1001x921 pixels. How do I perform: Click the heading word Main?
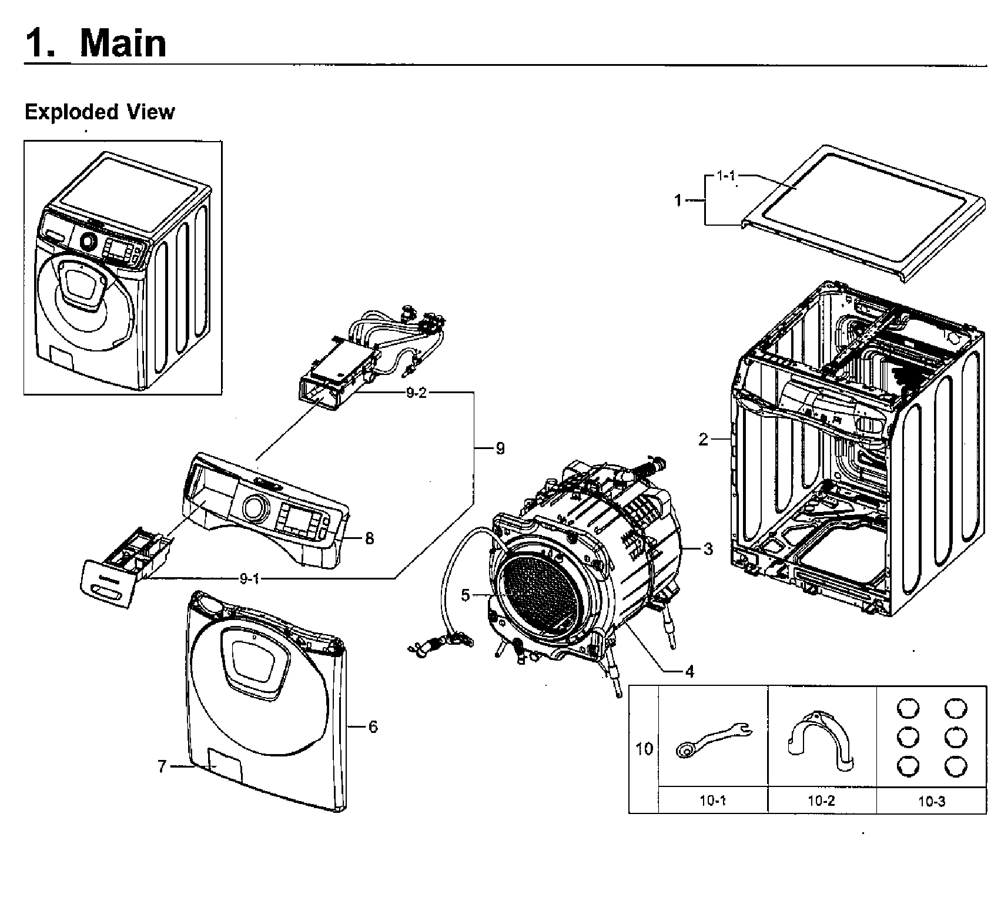[123, 43]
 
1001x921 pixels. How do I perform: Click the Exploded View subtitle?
[99, 112]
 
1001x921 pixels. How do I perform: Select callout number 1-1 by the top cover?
[727, 176]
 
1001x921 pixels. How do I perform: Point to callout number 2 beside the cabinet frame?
[703, 440]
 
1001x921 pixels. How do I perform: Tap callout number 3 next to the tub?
[708, 549]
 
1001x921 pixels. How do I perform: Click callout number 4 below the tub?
[689, 671]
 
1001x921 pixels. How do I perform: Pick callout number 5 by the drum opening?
[466, 595]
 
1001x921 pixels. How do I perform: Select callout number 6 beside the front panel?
[373, 727]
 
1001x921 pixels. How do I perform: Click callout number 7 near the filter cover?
[163, 766]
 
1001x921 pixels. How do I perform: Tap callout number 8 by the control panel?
[369, 538]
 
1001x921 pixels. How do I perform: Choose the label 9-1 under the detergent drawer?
[249, 579]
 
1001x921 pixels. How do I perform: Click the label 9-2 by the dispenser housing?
[416, 393]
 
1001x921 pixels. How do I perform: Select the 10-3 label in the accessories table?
[931, 801]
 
